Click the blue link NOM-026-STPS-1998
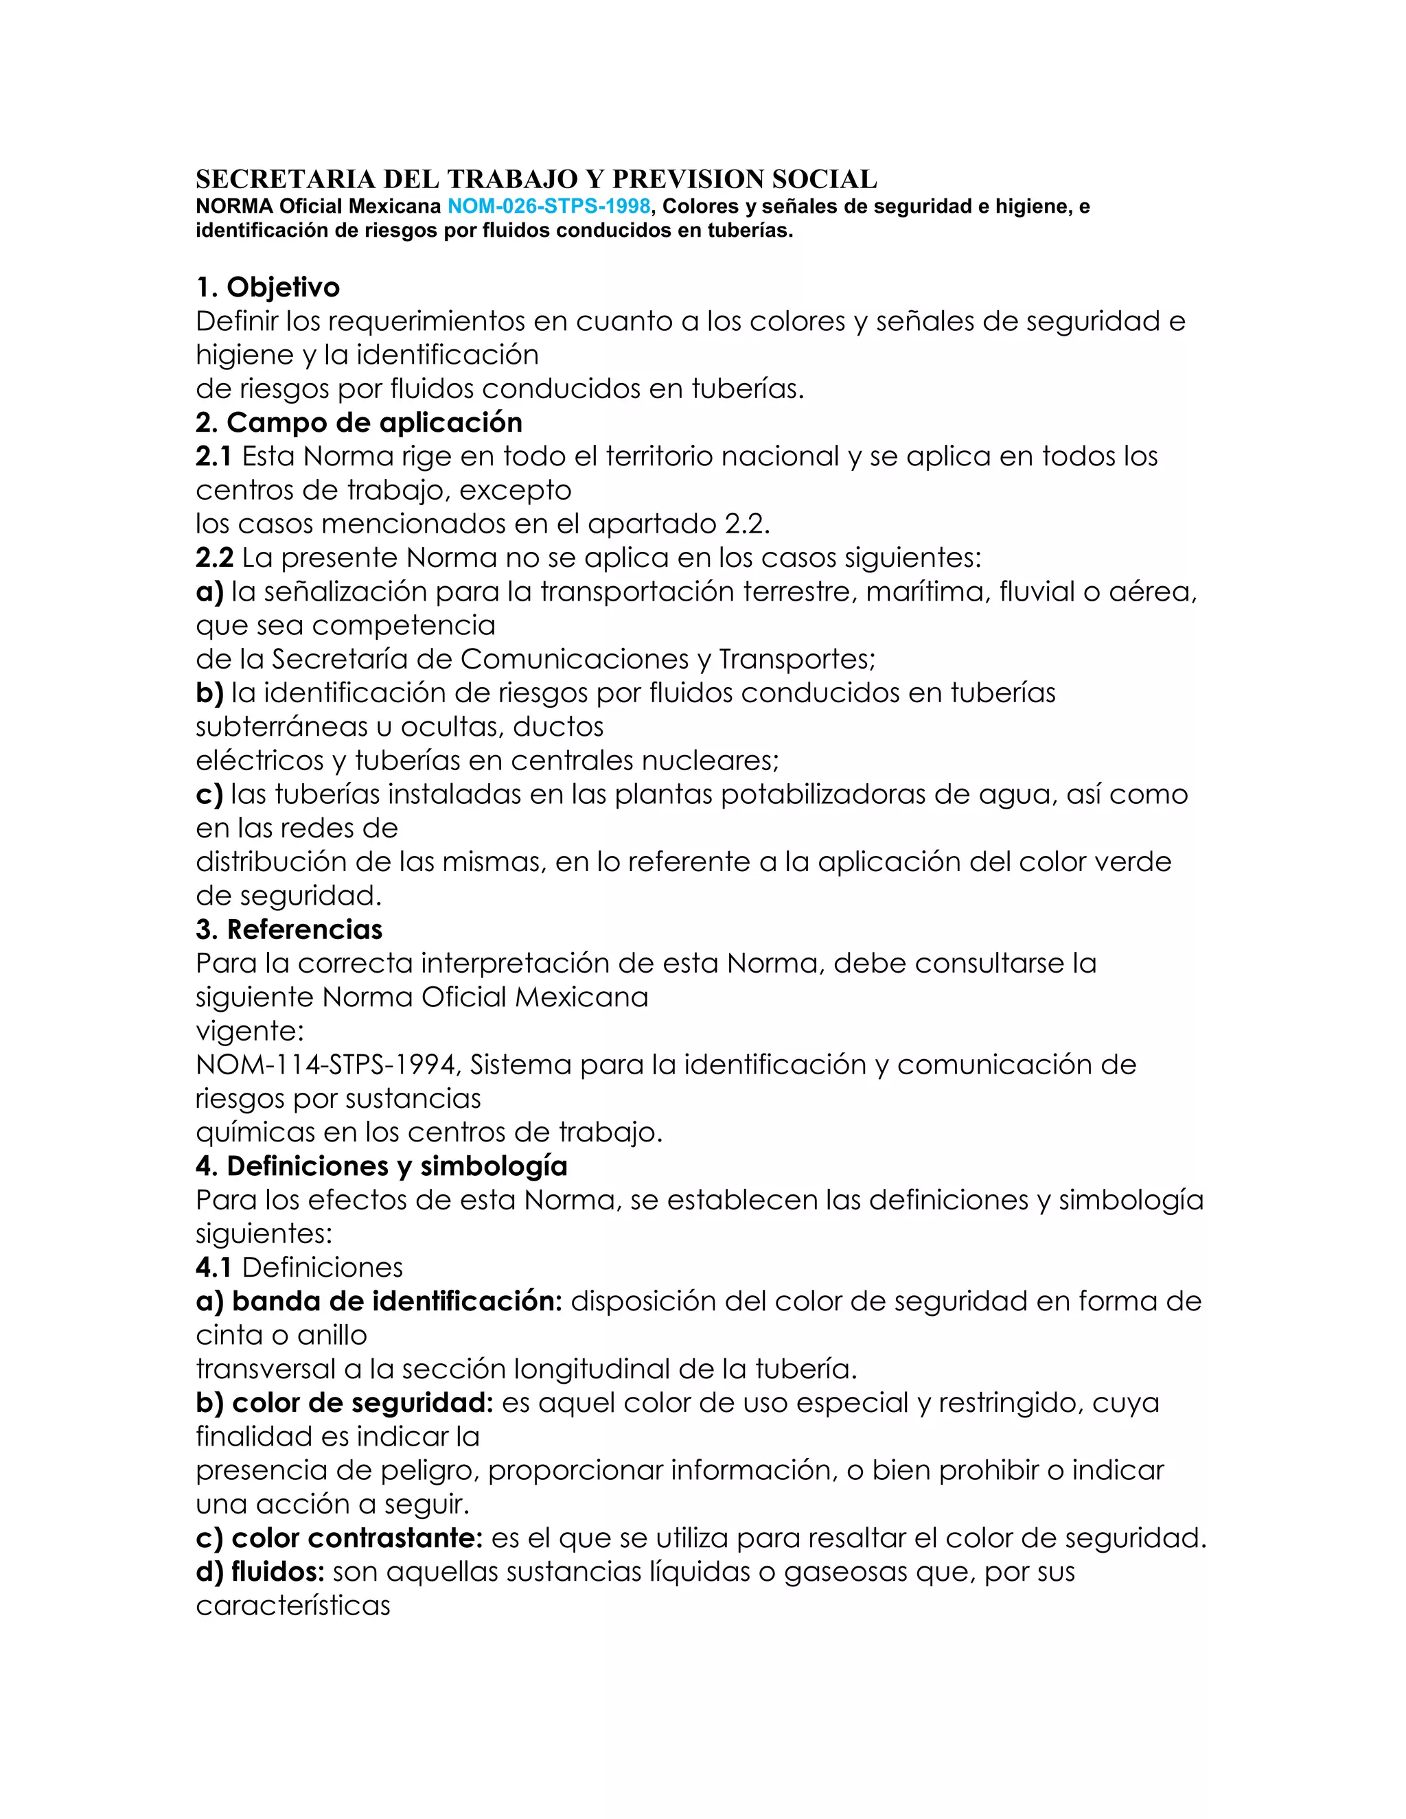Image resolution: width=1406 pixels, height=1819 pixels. coord(549,207)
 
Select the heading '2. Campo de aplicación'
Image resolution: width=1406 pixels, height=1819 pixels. coord(359,422)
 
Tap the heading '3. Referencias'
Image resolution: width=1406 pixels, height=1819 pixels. coord(289,929)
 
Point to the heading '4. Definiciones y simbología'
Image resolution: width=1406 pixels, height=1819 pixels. coord(382,1166)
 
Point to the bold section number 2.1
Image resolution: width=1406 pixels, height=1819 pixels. coord(214,456)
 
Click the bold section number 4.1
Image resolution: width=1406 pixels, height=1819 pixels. coord(214,1268)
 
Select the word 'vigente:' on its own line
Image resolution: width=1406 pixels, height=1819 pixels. coord(250,1031)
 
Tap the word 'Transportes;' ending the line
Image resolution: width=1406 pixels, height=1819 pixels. coord(797,659)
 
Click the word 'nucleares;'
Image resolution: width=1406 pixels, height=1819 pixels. coord(715,761)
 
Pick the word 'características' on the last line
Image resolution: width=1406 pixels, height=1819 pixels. coord(293,1606)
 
